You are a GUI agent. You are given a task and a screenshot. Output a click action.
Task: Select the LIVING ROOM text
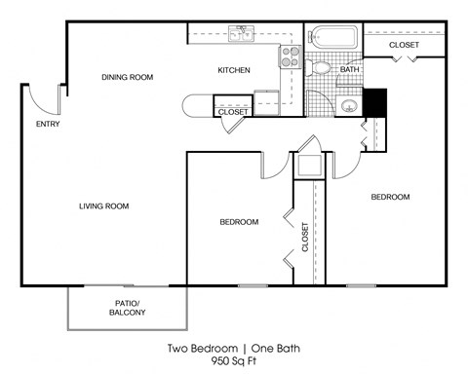point(103,206)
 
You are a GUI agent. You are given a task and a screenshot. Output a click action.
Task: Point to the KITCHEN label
point(234,70)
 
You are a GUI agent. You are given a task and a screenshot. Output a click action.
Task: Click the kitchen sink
point(240,35)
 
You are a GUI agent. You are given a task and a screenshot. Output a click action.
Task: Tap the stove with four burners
point(291,56)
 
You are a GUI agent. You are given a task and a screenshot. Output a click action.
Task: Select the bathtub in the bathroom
point(332,40)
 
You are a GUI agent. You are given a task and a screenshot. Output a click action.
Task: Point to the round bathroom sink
point(349,105)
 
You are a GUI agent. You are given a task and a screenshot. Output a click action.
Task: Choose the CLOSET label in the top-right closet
point(405,46)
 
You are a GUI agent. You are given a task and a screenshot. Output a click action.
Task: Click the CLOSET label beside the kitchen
point(233,112)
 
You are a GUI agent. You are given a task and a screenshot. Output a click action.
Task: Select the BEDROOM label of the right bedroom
point(390,197)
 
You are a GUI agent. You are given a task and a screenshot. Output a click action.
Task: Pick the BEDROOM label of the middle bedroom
point(239,222)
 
